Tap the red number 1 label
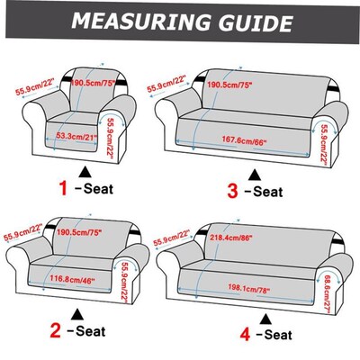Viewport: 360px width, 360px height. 63,188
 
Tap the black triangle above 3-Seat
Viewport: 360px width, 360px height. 256,172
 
